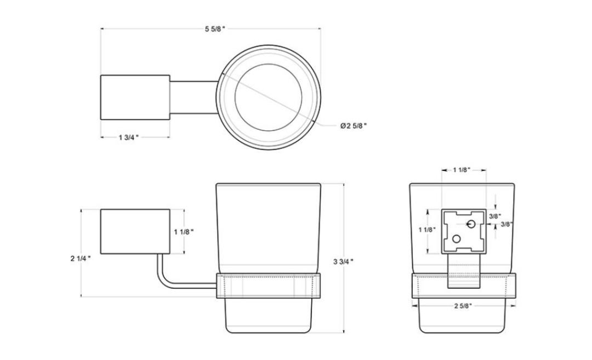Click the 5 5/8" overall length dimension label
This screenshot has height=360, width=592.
(x=215, y=29)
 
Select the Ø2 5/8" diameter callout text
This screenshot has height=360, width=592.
(x=354, y=125)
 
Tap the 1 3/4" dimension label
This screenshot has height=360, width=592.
(x=129, y=138)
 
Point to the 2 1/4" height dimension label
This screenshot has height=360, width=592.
(x=81, y=259)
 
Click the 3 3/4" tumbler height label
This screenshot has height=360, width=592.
(x=344, y=261)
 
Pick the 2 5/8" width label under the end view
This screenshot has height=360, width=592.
(x=463, y=306)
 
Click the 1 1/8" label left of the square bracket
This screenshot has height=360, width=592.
(x=428, y=230)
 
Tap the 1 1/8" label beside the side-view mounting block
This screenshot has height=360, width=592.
(x=184, y=232)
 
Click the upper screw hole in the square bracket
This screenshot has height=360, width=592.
(x=471, y=224)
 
